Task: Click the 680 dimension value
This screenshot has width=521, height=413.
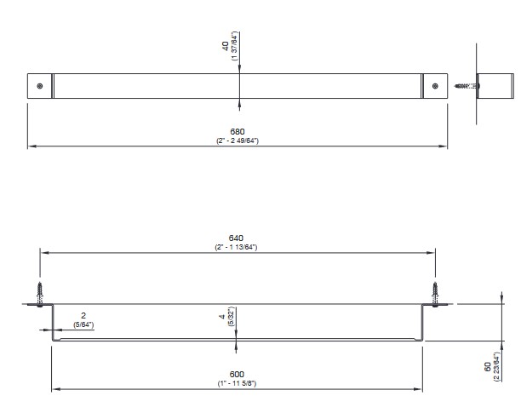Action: tap(237, 131)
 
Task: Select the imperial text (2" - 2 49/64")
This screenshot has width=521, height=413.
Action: tap(237, 140)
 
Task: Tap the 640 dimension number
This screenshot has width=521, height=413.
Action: tap(237, 238)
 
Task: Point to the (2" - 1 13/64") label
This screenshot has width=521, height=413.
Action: tap(237, 246)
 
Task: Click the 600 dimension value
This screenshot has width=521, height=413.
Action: tap(237, 375)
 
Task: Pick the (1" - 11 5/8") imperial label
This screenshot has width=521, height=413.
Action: tap(237, 383)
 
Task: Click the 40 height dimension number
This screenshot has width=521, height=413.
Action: tap(225, 46)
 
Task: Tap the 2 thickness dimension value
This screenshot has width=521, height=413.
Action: tap(84, 316)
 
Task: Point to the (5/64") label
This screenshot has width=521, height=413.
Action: tap(84, 324)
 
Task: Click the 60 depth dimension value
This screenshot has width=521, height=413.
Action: tap(489, 367)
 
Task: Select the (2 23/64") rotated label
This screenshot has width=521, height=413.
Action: tap(497, 367)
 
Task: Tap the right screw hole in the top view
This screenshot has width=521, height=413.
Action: tap(435, 86)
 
